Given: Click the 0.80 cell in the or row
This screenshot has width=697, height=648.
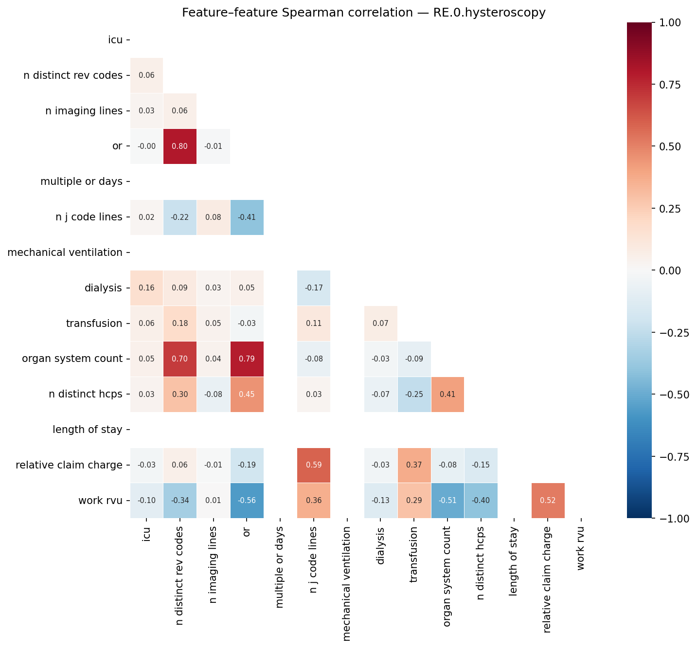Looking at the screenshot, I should pyautogui.click(x=180, y=146).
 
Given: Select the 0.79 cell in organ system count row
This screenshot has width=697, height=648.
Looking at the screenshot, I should pyautogui.click(x=247, y=359).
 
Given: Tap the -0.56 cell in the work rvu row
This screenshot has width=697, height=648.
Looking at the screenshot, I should pyautogui.click(x=247, y=501).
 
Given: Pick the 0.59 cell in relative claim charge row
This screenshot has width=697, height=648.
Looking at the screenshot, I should pyautogui.click(x=314, y=465).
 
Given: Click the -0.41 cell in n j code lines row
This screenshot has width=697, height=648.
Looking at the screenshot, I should pyautogui.click(x=247, y=217).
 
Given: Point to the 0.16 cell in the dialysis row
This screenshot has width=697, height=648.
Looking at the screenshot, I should pyautogui.click(x=146, y=288).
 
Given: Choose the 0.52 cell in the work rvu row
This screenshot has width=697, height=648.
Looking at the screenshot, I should pyautogui.click(x=548, y=501).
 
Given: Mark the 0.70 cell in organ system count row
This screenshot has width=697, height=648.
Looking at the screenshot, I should pyautogui.click(x=180, y=359).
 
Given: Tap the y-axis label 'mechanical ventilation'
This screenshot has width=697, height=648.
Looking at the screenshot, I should pyautogui.click(x=65, y=252).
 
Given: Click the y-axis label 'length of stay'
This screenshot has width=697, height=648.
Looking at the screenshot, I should pyautogui.click(x=87, y=430).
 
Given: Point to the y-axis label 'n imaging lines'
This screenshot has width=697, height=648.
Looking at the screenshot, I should pyautogui.click(x=84, y=111).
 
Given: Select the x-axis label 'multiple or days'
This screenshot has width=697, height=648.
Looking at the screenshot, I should pyautogui.click(x=280, y=567).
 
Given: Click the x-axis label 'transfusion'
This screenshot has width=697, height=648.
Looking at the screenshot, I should pyautogui.click(x=414, y=555).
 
